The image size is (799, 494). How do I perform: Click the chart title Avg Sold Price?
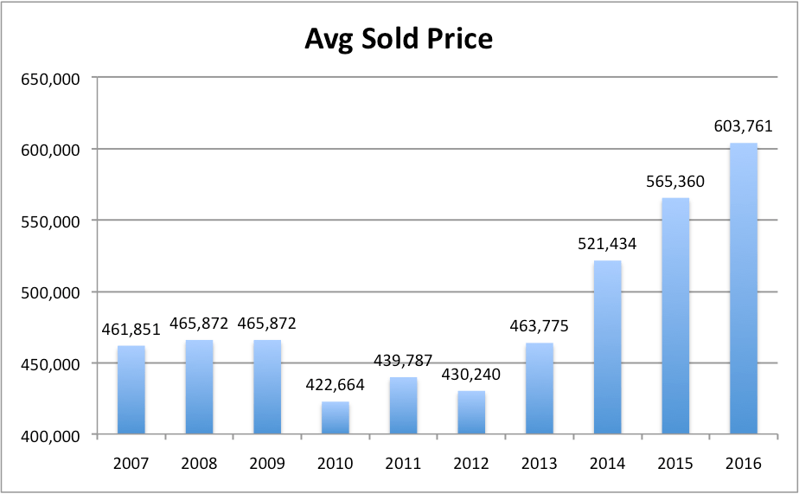[399, 40]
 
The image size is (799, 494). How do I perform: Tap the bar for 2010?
[336, 418]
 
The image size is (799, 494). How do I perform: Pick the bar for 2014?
[607, 347]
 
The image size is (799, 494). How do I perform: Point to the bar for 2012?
[471, 413]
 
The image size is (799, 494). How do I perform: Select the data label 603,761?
[743, 126]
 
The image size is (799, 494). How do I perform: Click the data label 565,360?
[675, 182]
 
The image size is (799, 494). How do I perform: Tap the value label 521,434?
[607, 244]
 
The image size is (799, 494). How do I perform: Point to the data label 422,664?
[336, 385]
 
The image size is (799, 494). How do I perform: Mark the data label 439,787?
[403, 361]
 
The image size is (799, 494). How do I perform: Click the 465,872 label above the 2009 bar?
[267, 324]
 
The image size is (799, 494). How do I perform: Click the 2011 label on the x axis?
[403, 463]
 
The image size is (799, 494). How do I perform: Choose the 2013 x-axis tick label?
[540, 463]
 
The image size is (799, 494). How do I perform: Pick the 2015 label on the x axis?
[675, 463]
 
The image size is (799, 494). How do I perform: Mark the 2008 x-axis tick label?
[199, 463]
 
